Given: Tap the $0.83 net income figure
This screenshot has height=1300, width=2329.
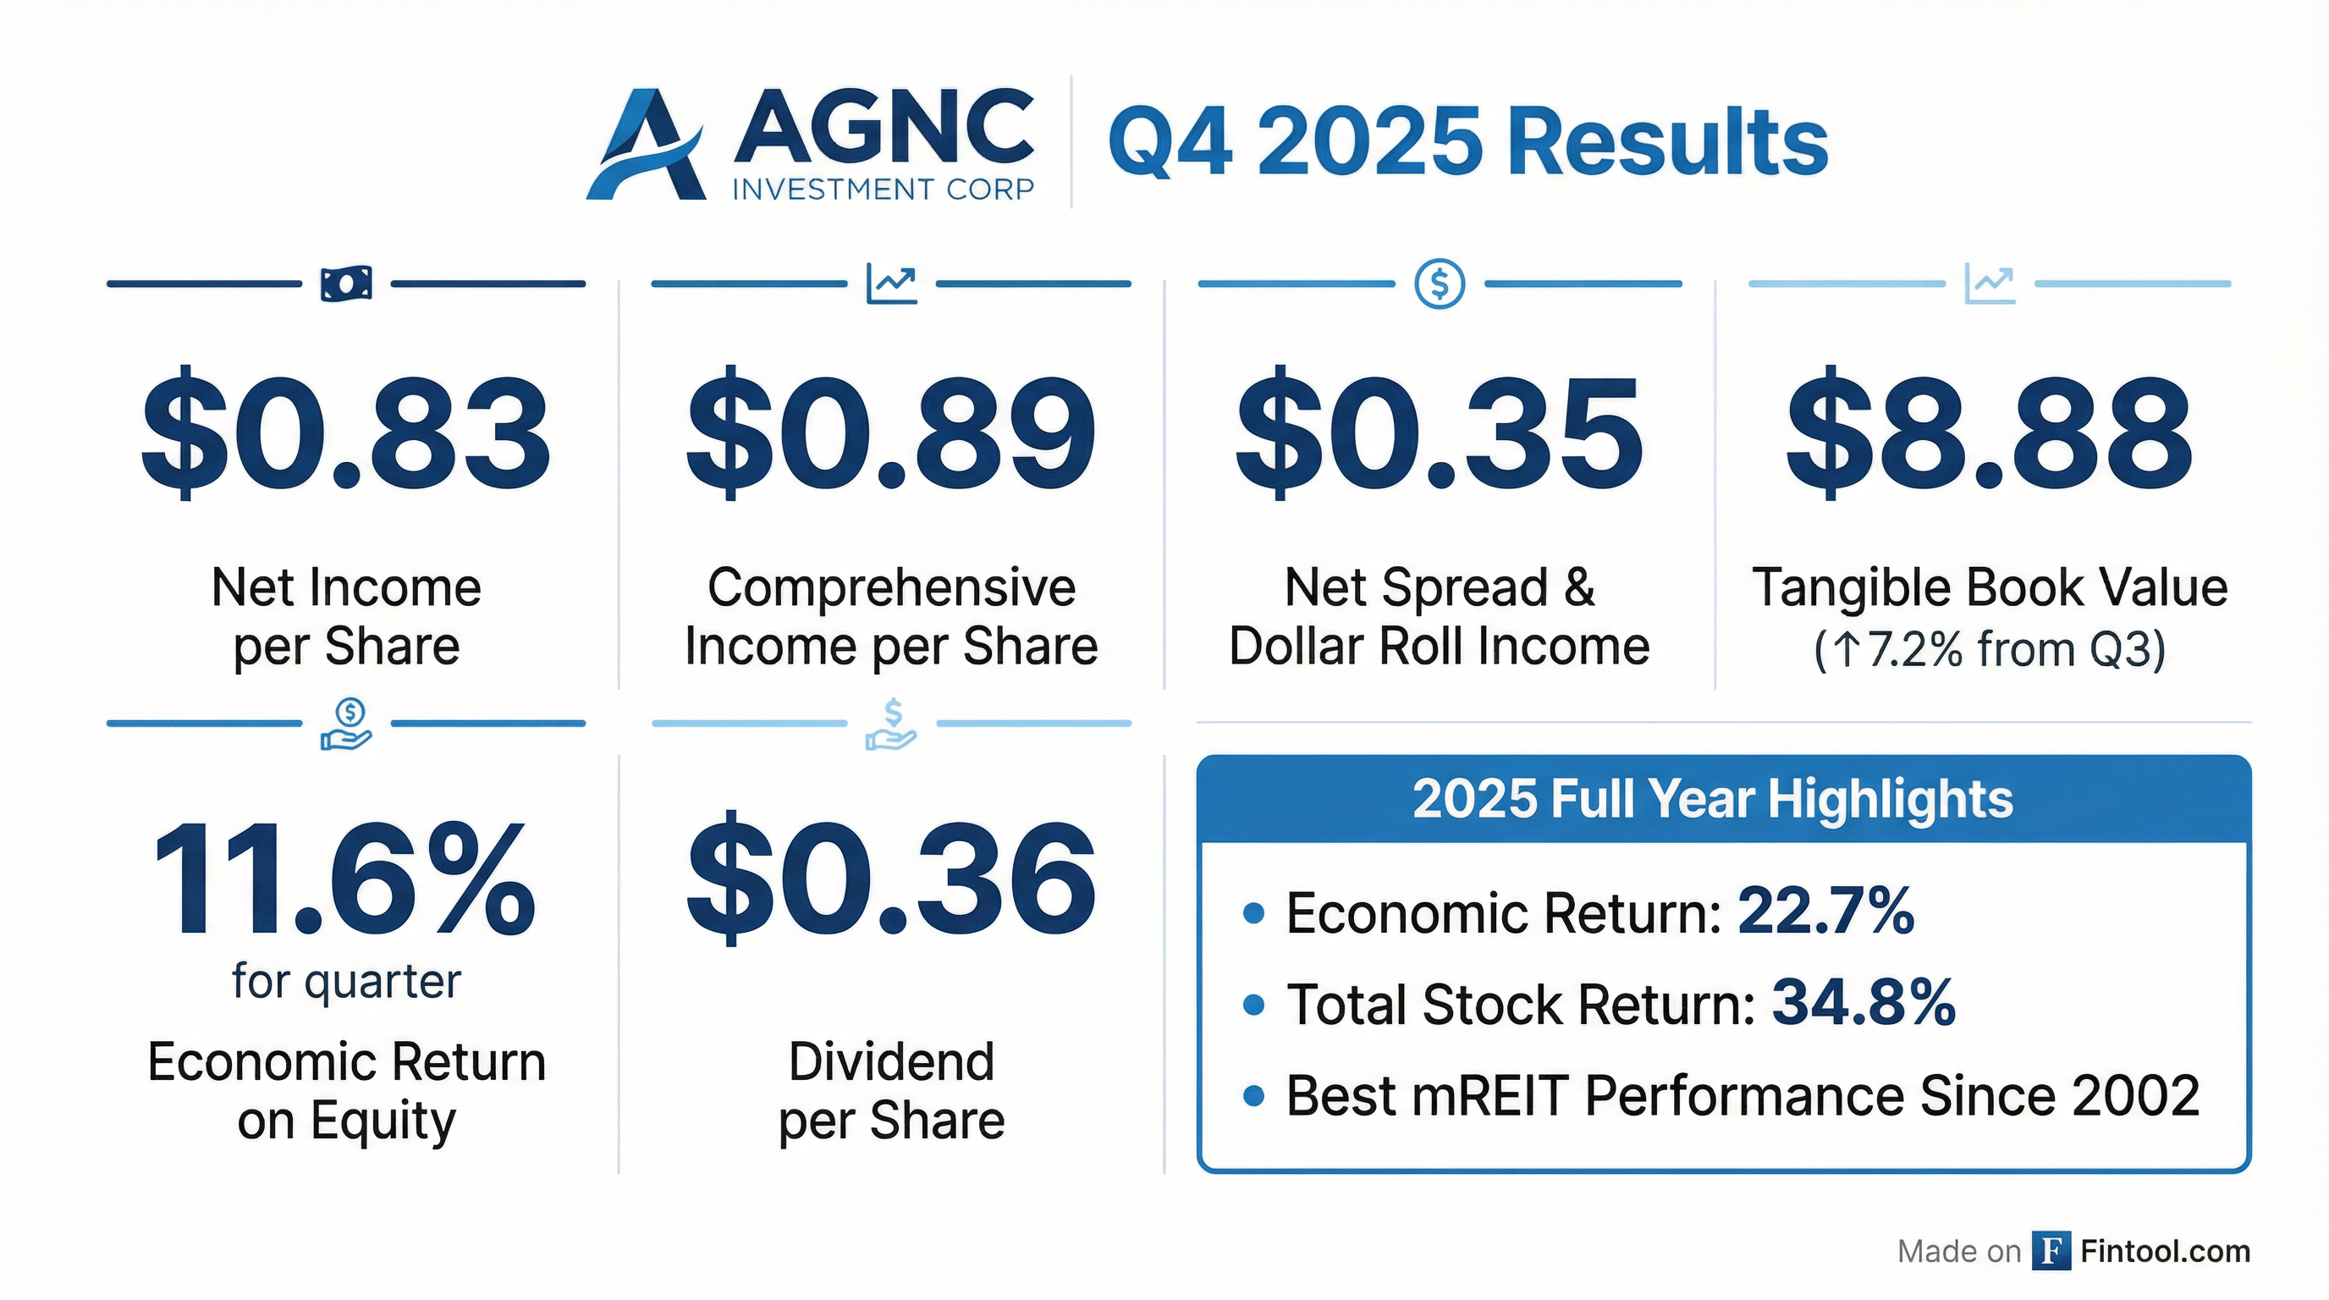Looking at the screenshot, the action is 346,432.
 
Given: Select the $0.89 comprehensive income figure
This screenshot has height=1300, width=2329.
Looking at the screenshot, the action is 891,432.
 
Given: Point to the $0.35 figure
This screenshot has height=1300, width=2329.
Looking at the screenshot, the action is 1440,432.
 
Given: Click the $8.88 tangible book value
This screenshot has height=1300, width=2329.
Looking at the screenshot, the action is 1989,432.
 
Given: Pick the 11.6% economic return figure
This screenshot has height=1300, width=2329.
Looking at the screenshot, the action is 344,879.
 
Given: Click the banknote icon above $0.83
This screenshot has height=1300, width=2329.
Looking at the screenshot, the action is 346,284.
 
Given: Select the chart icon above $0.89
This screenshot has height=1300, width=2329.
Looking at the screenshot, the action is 891,284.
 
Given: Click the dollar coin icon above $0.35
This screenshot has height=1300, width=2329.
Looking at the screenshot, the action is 1440,284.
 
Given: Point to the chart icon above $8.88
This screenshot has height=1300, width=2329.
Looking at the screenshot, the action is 1990,284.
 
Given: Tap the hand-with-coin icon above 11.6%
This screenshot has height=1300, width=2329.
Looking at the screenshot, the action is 346,724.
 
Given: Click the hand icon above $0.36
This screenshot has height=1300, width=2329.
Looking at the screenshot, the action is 891,724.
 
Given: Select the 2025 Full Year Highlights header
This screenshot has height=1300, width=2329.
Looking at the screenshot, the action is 1712,799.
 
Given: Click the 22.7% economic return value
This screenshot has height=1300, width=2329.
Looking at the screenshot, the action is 1825,912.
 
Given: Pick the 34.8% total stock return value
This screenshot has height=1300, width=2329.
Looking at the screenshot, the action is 1864,1003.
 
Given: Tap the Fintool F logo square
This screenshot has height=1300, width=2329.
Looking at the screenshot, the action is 2051,1250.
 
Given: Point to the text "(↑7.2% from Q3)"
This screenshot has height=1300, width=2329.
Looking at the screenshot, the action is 1990,649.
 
